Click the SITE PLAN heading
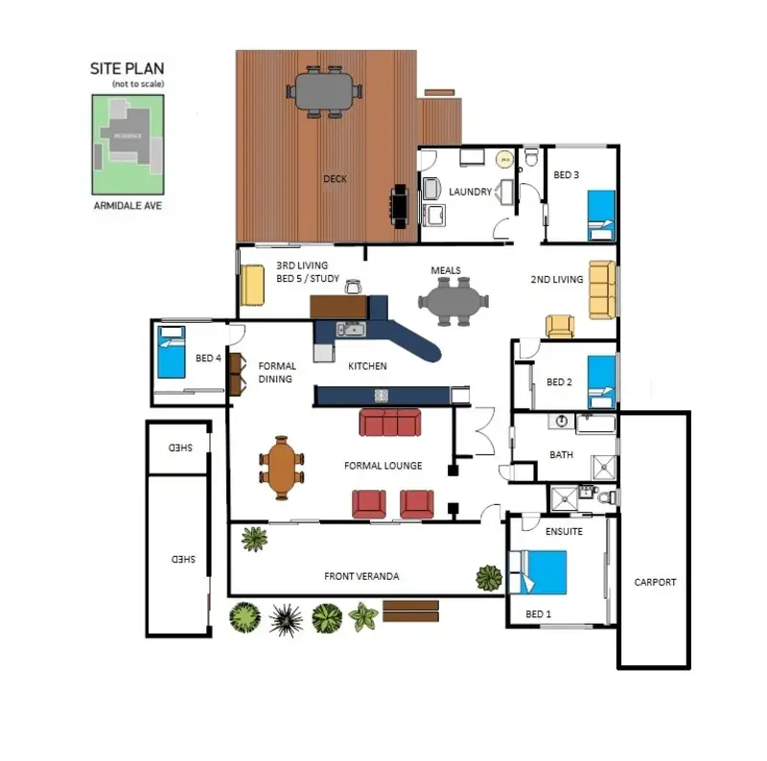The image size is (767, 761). pyautogui.click(x=127, y=69)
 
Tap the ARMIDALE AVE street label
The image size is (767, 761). pyautogui.click(x=127, y=204)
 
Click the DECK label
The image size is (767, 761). pyautogui.click(x=335, y=178)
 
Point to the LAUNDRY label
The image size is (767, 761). pyautogui.click(x=470, y=192)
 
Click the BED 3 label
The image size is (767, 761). pyautogui.click(x=567, y=175)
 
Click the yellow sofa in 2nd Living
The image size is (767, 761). pyautogui.click(x=601, y=289)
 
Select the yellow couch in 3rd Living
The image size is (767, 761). pyautogui.click(x=252, y=285)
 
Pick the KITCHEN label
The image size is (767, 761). pyautogui.click(x=366, y=366)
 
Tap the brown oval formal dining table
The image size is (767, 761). pyautogui.click(x=281, y=467)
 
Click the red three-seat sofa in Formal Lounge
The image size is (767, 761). pyautogui.click(x=389, y=422)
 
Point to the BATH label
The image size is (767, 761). pyautogui.click(x=561, y=454)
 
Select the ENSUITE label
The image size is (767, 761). pyautogui.click(x=563, y=530)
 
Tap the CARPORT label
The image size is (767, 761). pyautogui.click(x=655, y=582)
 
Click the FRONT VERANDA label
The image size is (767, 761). pyautogui.click(x=361, y=576)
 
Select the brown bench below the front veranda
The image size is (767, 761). pyautogui.click(x=410, y=611)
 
